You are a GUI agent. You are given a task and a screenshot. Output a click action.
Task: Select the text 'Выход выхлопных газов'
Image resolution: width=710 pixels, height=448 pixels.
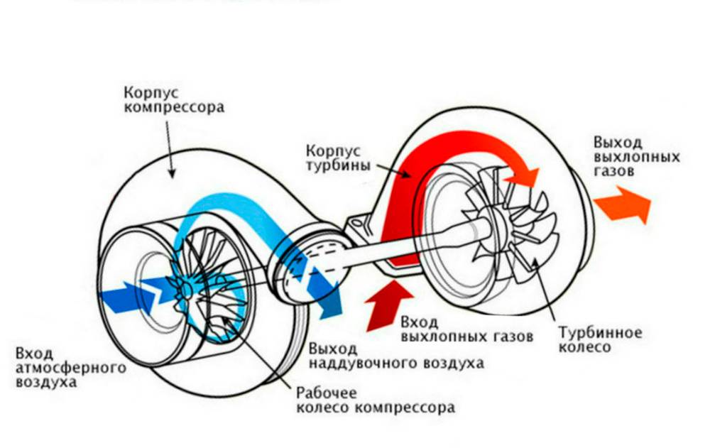636,155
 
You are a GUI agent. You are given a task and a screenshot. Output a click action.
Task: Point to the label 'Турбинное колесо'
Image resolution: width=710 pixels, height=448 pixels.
600,340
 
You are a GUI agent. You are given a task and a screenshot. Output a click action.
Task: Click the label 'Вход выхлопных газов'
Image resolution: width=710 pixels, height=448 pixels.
466,328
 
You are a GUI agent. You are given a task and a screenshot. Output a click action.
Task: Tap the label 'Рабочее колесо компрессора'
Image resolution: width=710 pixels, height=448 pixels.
374,400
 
